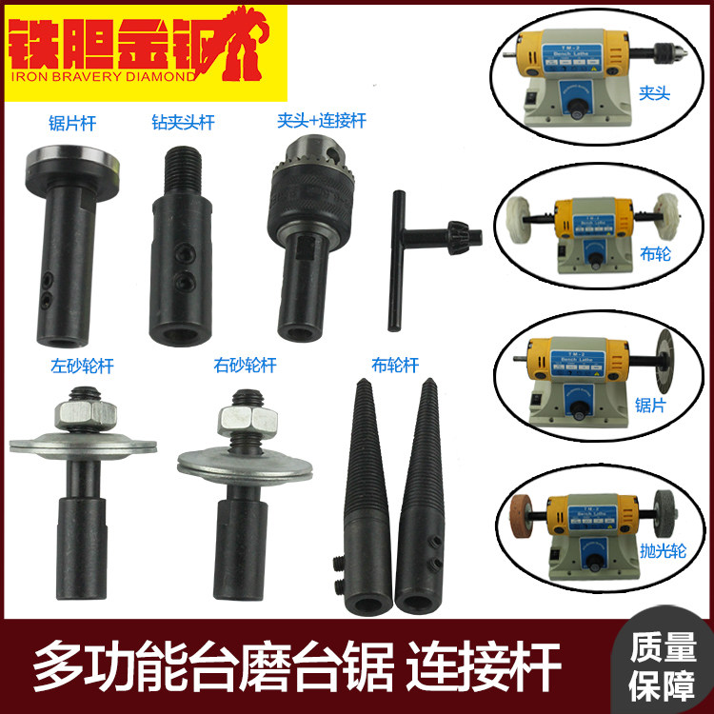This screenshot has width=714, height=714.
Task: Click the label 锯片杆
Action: (x=73, y=123)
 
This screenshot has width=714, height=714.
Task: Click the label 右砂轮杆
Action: (x=245, y=365)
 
